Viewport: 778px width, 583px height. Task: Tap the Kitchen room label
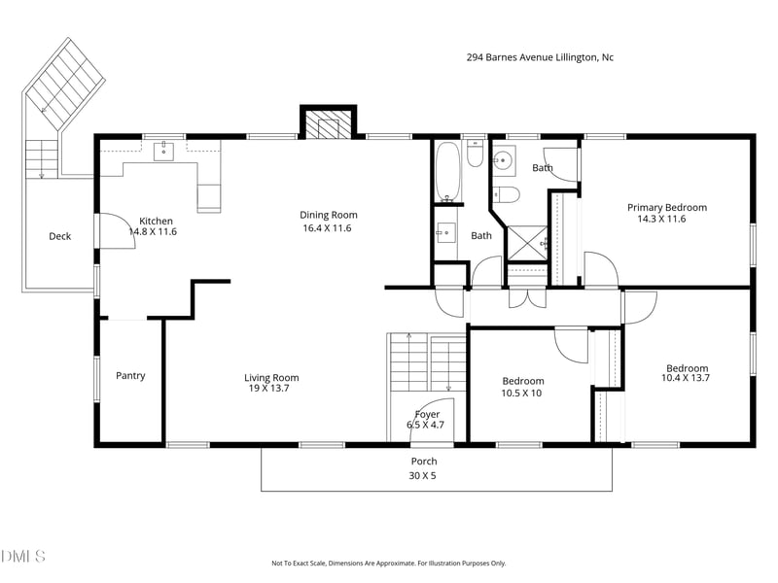click(157, 221)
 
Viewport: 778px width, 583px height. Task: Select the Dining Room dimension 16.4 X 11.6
click(327, 228)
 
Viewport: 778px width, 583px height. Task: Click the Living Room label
click(271, 378)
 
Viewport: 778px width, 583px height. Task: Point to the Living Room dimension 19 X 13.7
click(268, 389)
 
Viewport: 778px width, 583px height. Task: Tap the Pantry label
click(130, 376)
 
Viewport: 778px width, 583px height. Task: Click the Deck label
click(60, 236)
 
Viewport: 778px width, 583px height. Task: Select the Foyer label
click(427, 414)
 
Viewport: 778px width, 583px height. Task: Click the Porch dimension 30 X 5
click(423, 476)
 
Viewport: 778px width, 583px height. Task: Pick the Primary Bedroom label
click(666, 207)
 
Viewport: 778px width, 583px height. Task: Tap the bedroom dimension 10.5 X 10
click(522, 393)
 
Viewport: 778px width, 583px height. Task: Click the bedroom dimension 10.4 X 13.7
click(686, 379)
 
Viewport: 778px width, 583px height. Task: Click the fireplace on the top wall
click(328, 124)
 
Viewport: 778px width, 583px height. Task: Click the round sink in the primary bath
click(505, 161)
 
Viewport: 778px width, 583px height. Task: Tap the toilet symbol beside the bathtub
click(474, 154)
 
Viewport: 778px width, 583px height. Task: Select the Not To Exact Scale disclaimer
click(388, 563)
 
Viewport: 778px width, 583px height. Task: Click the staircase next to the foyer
click(428, 361)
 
